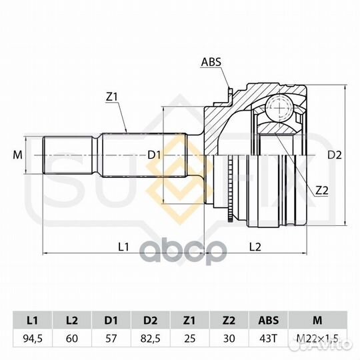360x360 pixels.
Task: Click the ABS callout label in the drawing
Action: coord(211,62)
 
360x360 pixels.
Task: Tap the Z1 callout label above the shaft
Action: coord(111,97)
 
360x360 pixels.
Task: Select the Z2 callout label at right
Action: coord(322,190)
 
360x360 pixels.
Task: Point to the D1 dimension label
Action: coord(154,155)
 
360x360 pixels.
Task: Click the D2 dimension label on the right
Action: coord(335,155)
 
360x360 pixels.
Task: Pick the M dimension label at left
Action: coord(17,155)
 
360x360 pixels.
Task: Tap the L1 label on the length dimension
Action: coord(123,247)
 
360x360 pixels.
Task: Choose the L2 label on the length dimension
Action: coord(255,247)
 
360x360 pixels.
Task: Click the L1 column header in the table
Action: coord(33,320)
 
